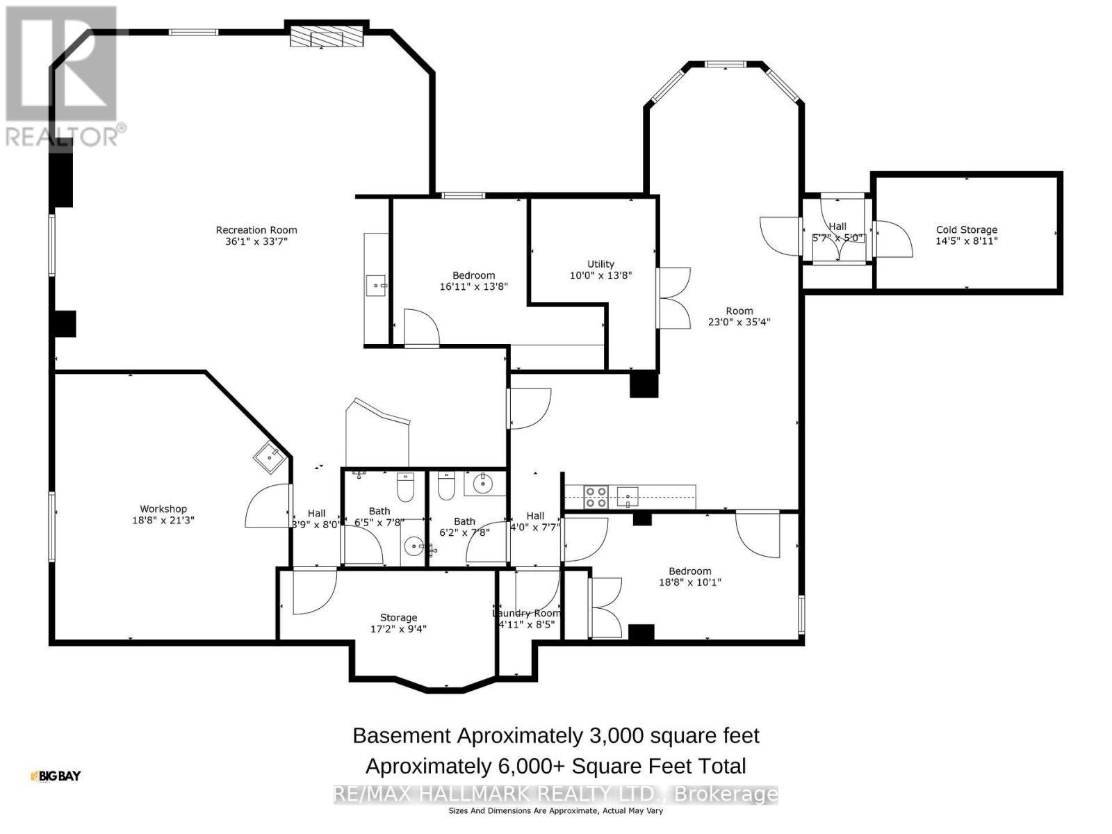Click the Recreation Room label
point(256,230)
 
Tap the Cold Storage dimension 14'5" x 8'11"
point(966,241)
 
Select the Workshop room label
point(163,509)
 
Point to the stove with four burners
point(596,496)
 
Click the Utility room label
point(600,264)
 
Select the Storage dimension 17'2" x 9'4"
point(398,629)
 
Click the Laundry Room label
point(526,613)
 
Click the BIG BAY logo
point(56,776)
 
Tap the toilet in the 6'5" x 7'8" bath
point(405,488)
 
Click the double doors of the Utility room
point(673,298)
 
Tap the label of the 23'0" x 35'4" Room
point(739,311)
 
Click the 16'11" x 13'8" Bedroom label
point(473,275)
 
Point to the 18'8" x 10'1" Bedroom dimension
point(689,582)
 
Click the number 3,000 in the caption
point(612,735)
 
